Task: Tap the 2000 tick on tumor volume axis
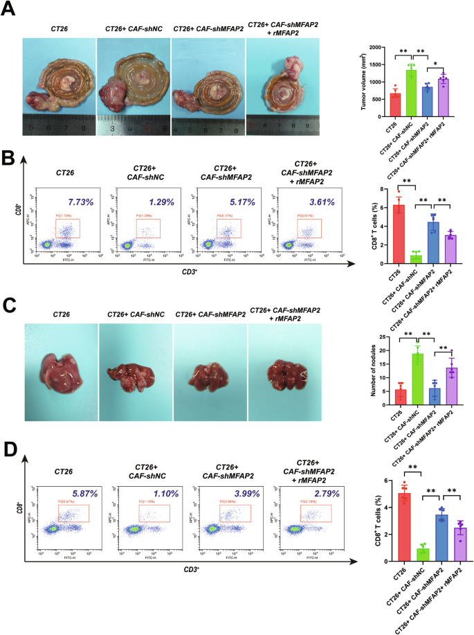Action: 376,48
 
